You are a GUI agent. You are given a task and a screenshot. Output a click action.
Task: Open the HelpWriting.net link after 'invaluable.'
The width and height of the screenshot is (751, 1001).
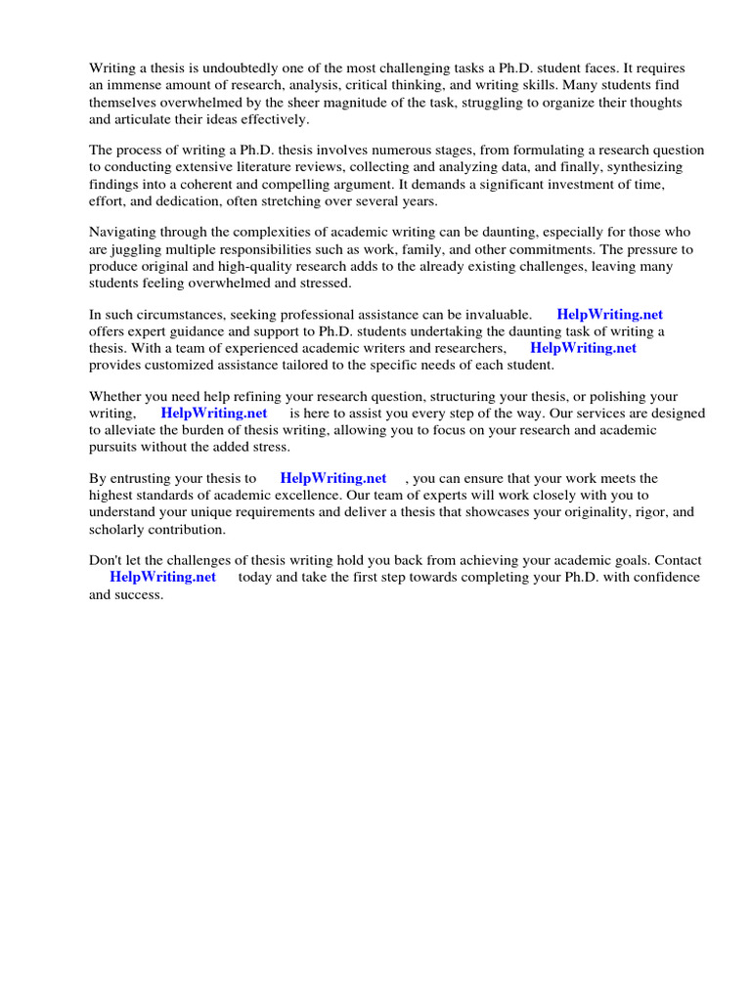pyautogui.click(x=609, y=315)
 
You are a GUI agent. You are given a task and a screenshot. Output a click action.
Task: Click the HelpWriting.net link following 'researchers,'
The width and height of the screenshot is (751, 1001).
pyautogui.click(x=583, y=348)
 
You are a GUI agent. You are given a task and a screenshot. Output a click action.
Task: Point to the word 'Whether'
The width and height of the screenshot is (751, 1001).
pyautogui.click(x=115, y=396)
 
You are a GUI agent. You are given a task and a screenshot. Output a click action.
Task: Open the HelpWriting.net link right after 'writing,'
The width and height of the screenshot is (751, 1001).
pyautogui.click(x=213, y=413)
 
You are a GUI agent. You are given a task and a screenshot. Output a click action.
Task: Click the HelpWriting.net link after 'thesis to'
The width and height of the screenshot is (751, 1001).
pyautogui.click(x=332, y=478)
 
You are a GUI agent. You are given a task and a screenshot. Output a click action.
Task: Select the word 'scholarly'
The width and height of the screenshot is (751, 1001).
pyautogui.click(x=116, y=530)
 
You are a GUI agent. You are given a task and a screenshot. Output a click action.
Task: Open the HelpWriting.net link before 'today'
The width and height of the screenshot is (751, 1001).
pyautogui.click(x=162, y=577)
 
